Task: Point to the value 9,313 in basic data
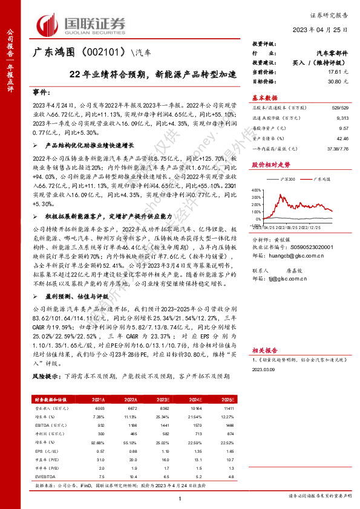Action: [342, 119]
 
